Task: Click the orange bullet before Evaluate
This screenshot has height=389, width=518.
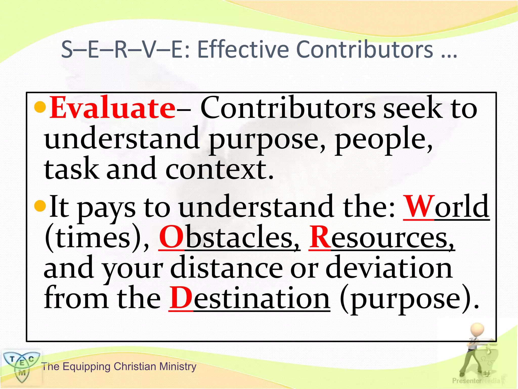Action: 40,107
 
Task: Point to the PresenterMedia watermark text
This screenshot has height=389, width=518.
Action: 476,381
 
